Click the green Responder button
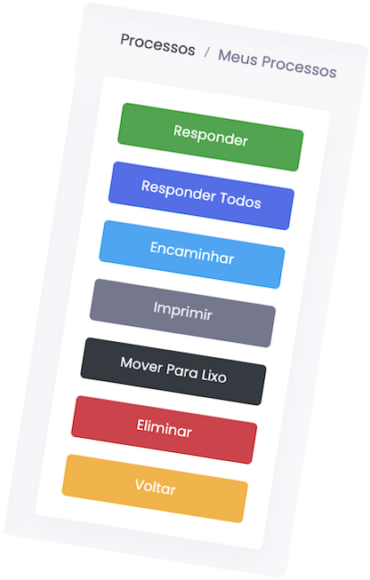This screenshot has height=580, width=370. coord(211,137)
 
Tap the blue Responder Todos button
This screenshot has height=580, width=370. coord(201,195)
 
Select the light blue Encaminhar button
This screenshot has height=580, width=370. coord(192,254)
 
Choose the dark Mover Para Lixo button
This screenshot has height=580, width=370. coord(173,371)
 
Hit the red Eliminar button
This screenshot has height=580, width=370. coord(164,430)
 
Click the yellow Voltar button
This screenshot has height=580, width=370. coord(155,489)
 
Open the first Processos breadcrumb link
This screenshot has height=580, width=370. coord(157,44)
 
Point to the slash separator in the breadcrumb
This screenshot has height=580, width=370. coord(206,52)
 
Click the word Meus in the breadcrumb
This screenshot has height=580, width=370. coord(237,58)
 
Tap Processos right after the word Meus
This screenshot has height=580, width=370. coord(299,67)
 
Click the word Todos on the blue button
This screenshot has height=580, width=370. coord(240,200)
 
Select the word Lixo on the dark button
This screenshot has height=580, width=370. coord(214,376)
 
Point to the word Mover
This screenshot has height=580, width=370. coord(141,364)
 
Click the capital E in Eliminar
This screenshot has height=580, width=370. coord(141,425)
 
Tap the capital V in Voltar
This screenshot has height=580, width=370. coord(141,484)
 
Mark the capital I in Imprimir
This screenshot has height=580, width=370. coord(156,307)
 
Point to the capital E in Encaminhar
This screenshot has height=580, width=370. coord(155,248)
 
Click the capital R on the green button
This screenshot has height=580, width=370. coord(178,131)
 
